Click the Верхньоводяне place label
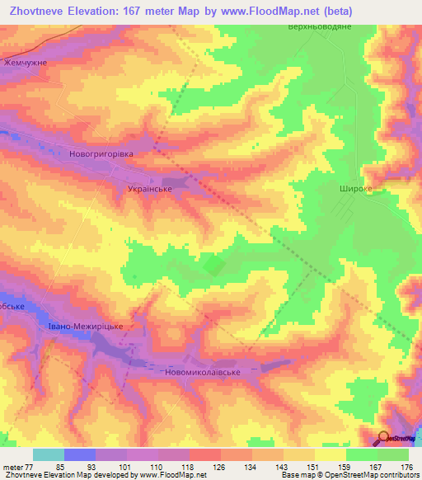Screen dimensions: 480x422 (318, 27)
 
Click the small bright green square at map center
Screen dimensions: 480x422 (213, 265)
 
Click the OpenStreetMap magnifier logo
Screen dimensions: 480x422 (385, 438)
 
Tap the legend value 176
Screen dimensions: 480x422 (405, 467)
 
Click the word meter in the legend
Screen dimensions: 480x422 (12, 467)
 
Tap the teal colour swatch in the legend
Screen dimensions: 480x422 (49, 454)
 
